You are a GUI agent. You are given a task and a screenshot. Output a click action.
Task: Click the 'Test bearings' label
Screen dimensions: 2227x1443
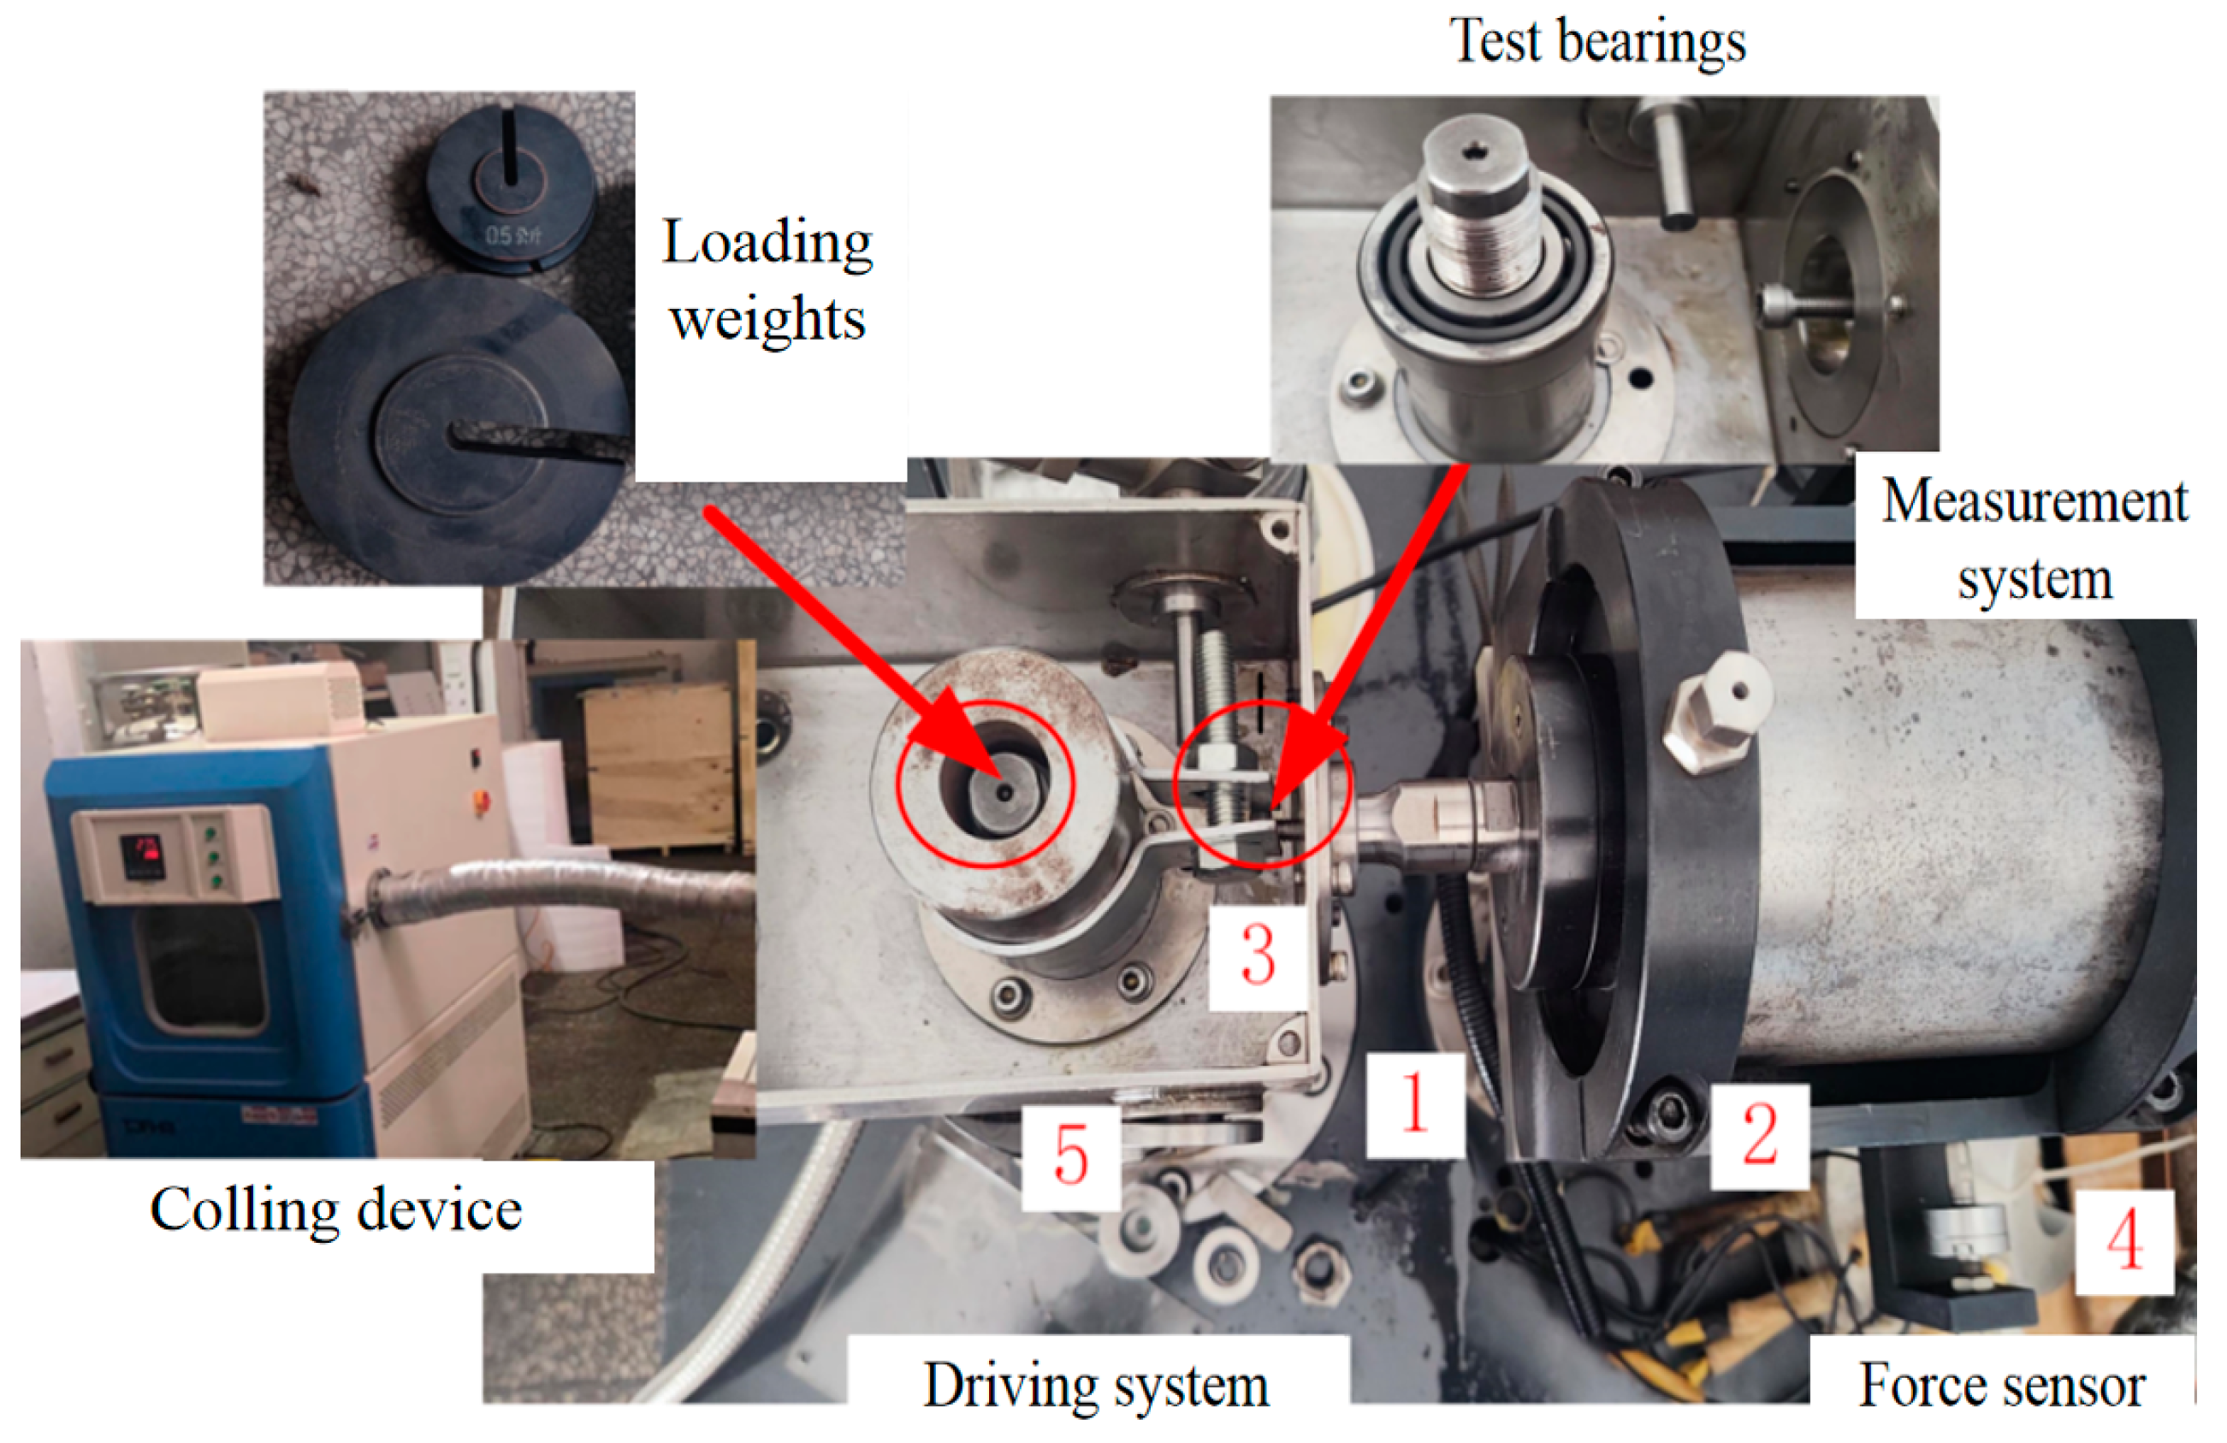pyautogui.click(x=1597, y=42)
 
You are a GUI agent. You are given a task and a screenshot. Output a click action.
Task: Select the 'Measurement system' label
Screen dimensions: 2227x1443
pyautogui.click(x=2035, y=539)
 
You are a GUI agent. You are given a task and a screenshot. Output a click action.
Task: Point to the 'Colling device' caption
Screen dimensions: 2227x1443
pyautogui.click(x=336, y=1210)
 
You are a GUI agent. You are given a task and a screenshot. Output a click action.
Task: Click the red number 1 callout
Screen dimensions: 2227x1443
pyautogui.click(x=1414, y=1103)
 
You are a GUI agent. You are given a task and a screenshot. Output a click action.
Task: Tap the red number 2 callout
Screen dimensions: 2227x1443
pyautogui.click(x=1760, y=1134)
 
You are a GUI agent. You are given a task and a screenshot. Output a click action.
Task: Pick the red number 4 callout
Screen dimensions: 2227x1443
pyautogui.click(x=2125, y=1239)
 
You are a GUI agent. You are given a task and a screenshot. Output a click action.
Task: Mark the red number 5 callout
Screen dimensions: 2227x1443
pyautogui.click(x=1070, y=1156)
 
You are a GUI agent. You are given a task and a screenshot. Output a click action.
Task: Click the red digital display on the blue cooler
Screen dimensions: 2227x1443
pyautogui.click(x=141, y=854)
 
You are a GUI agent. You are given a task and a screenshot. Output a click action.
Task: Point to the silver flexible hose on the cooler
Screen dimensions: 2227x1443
pyautogui.click(x=561, y=884)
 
